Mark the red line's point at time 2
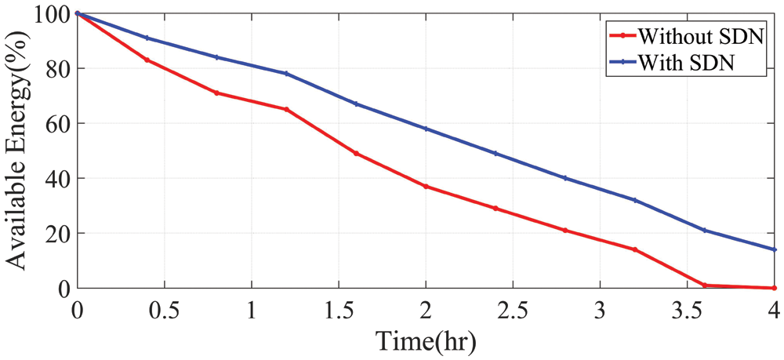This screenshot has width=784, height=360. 426,187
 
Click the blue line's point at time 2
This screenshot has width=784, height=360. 426,129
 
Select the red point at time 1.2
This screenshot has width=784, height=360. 286,109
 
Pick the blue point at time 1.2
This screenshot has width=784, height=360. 286,74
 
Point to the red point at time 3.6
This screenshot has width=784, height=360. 705,285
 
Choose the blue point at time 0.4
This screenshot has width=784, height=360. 147,38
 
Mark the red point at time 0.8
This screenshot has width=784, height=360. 216,93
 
